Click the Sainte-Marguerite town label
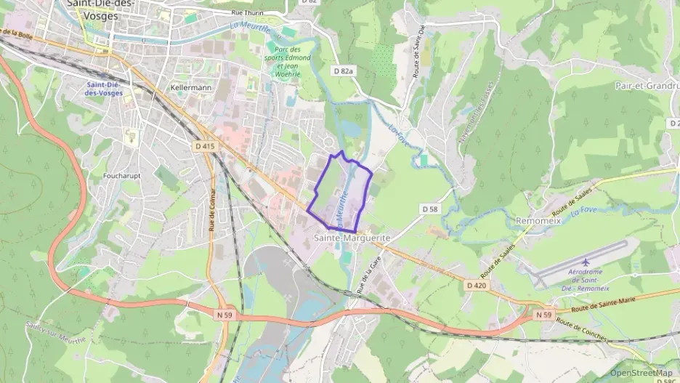[353, 238]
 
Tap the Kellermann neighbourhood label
[190, 87]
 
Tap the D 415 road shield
[206, 146]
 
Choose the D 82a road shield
[344, 70]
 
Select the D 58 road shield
[431, 209]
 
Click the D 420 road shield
[476, 285]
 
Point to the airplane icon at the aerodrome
[586, 262]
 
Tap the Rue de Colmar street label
[212, 214]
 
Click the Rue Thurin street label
[247, 12]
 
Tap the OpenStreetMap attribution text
[641, 373]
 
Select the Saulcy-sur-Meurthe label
[55, 334]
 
